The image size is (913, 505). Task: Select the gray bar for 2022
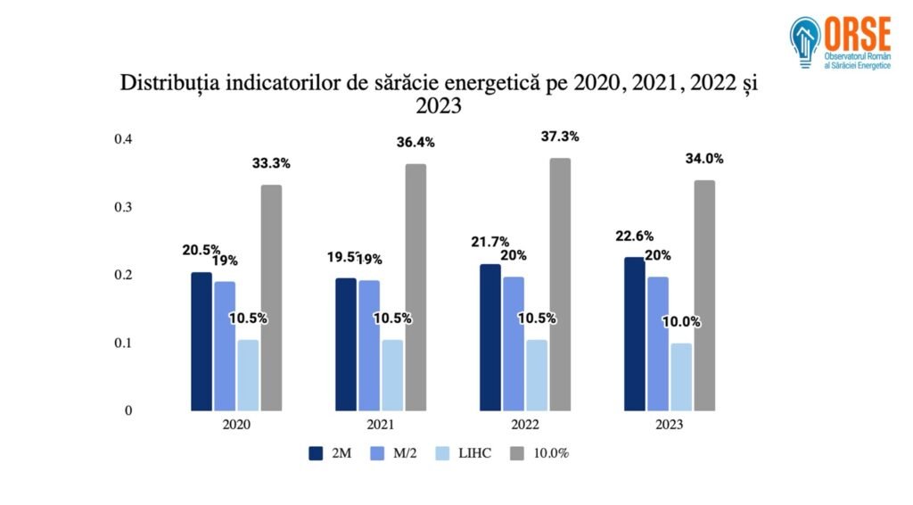tap(560, 284)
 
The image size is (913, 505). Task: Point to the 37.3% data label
tap(560, 137)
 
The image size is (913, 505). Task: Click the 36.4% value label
tap(415, 143)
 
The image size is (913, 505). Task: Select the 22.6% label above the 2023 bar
tap(635, 236)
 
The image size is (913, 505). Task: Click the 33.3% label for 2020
tap(271, 163)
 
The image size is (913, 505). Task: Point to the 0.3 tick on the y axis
tap(123, 207)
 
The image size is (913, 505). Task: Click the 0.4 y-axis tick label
tap(123, 139)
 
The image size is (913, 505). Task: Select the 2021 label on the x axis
tap(381, 425)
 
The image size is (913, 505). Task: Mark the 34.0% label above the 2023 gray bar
tap(704, 159)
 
